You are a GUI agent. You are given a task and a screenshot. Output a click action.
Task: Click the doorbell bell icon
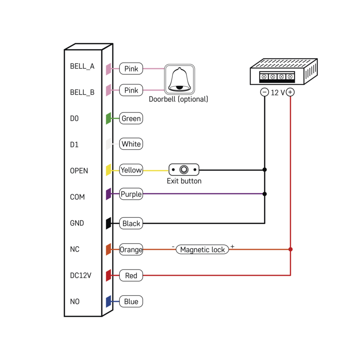(x=179, y=79)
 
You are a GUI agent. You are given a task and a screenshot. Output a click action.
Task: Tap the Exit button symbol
(x=184, y=170)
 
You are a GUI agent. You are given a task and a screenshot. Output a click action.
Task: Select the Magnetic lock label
(x=202, y=249)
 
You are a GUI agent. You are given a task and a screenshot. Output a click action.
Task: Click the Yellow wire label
(x=131, y=170)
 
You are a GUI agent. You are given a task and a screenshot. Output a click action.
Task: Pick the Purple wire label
(x=131, y=194)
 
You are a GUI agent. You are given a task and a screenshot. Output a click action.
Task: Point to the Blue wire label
(x=131, y=301)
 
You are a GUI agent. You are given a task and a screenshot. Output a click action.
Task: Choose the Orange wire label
(x=131, y=249)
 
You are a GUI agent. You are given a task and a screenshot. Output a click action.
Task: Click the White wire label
(x=131, y=144)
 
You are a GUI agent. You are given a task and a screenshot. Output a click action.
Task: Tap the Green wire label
(x=131, y=119)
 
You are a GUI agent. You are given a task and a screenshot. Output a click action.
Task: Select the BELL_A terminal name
(x=82, y=66)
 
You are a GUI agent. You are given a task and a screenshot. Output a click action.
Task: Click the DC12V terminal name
(x=81, y=275)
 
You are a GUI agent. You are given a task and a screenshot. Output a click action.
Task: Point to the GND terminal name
(x=77, y=223)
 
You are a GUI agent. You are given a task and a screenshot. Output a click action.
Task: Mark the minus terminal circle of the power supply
(x=265, y=92)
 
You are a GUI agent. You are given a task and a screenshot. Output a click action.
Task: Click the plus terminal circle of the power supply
(x=290, y=92)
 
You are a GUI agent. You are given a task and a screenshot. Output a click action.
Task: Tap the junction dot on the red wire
(x=291, y=249)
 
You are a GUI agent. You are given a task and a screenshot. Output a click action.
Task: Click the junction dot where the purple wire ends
(x=265, y=194)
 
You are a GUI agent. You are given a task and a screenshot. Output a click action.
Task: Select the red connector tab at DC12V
(x=108, y=275)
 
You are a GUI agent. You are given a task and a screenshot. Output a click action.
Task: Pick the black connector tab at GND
(x=108, y=223)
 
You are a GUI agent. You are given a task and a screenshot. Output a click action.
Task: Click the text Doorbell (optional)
(x=179, y=99)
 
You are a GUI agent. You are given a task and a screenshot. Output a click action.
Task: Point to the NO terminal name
(x=75, y=301)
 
